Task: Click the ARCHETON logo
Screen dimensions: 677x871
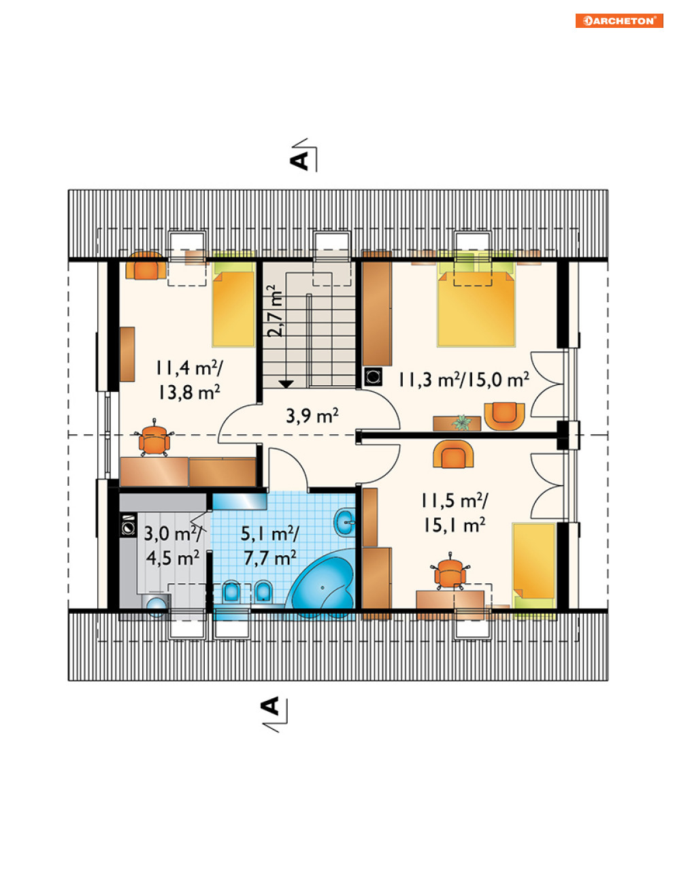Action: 619,21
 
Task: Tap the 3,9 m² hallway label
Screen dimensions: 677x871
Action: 312,416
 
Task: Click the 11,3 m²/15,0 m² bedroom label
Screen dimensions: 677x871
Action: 463,379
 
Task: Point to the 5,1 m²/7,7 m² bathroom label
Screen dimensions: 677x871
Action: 269,546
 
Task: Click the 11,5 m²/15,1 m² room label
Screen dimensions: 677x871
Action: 455,512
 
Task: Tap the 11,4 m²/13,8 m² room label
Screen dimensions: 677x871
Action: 189,380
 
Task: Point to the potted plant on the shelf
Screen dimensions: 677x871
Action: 462,422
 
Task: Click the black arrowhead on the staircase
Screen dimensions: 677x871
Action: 286,384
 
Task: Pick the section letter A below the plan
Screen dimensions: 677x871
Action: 270,706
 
